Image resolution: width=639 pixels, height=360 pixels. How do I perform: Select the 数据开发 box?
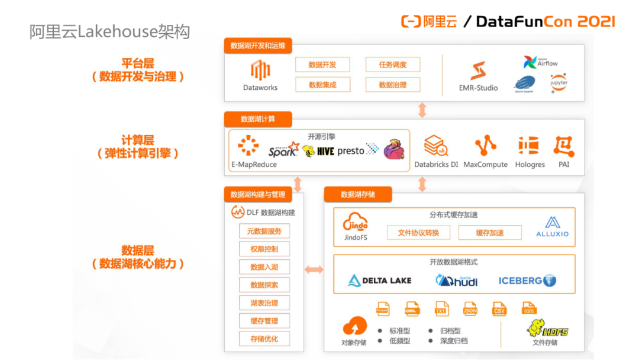coord(322,65)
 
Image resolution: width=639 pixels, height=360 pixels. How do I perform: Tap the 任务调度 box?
coord(392,65)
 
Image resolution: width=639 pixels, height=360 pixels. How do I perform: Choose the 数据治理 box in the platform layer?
coord(392,85)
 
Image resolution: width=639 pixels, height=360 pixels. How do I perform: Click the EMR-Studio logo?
coord(478,71)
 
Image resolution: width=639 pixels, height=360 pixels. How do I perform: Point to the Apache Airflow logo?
coord(540,62)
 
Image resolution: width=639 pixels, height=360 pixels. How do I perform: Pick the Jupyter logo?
coord(559,82)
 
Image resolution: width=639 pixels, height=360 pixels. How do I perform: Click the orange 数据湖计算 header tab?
coord(257,119)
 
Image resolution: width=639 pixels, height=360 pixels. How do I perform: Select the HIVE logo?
coord(318,151)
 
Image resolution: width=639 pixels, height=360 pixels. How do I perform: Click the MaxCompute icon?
coord(485,146)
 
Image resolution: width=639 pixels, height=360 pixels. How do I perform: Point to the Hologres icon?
coord(528,146)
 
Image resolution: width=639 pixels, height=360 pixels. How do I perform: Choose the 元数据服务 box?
coord(264,231)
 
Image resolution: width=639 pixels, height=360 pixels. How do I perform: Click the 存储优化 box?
coord(264,339)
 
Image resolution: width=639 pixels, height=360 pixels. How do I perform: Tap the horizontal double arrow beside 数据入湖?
coord(314,270)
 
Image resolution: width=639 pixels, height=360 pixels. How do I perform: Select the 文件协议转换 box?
coord(418,233)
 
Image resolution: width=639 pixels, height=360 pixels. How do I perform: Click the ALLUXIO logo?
coord(552,227)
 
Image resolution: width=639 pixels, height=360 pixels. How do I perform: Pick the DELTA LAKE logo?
coord(379,280)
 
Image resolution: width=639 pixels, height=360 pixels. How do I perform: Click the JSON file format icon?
coord(470,308)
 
